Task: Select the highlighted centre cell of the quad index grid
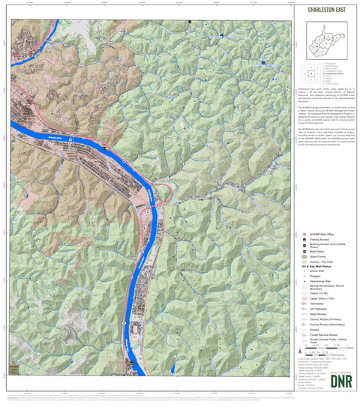coord(310,73)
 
